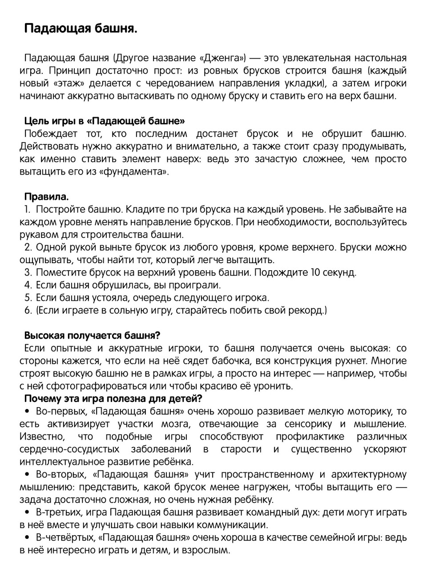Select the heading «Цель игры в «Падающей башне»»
click(x=105, y=121)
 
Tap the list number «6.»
click(x=28, y=310)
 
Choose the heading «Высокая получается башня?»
click(x=92, y=335)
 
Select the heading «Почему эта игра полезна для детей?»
click(x=113, y=398)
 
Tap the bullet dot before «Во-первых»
click(x=27, y=412)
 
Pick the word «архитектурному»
click(x=368, y=474)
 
